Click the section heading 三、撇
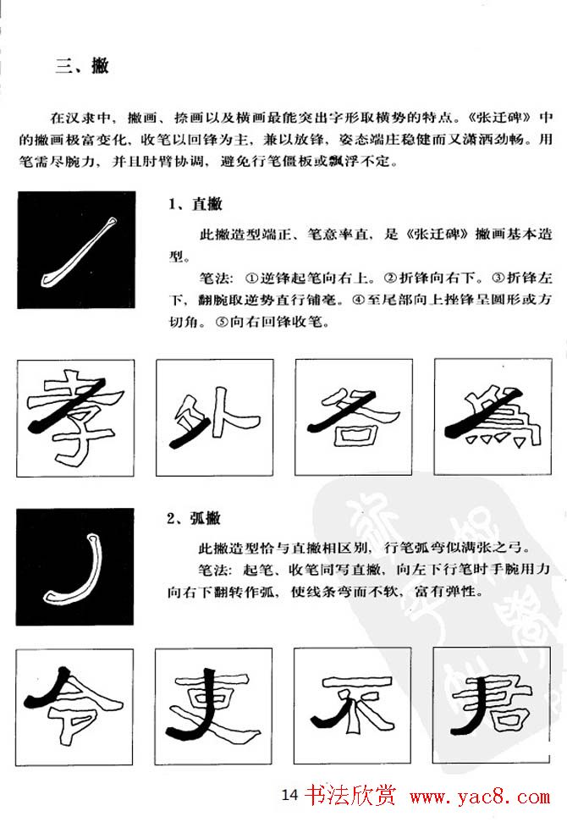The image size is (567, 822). tap(81, 66)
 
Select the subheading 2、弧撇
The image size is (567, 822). tap(194, 518)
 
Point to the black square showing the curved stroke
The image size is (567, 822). tap(75, 566)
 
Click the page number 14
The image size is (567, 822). tap(289, 796)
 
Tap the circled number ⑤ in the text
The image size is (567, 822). tap(223, 323)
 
